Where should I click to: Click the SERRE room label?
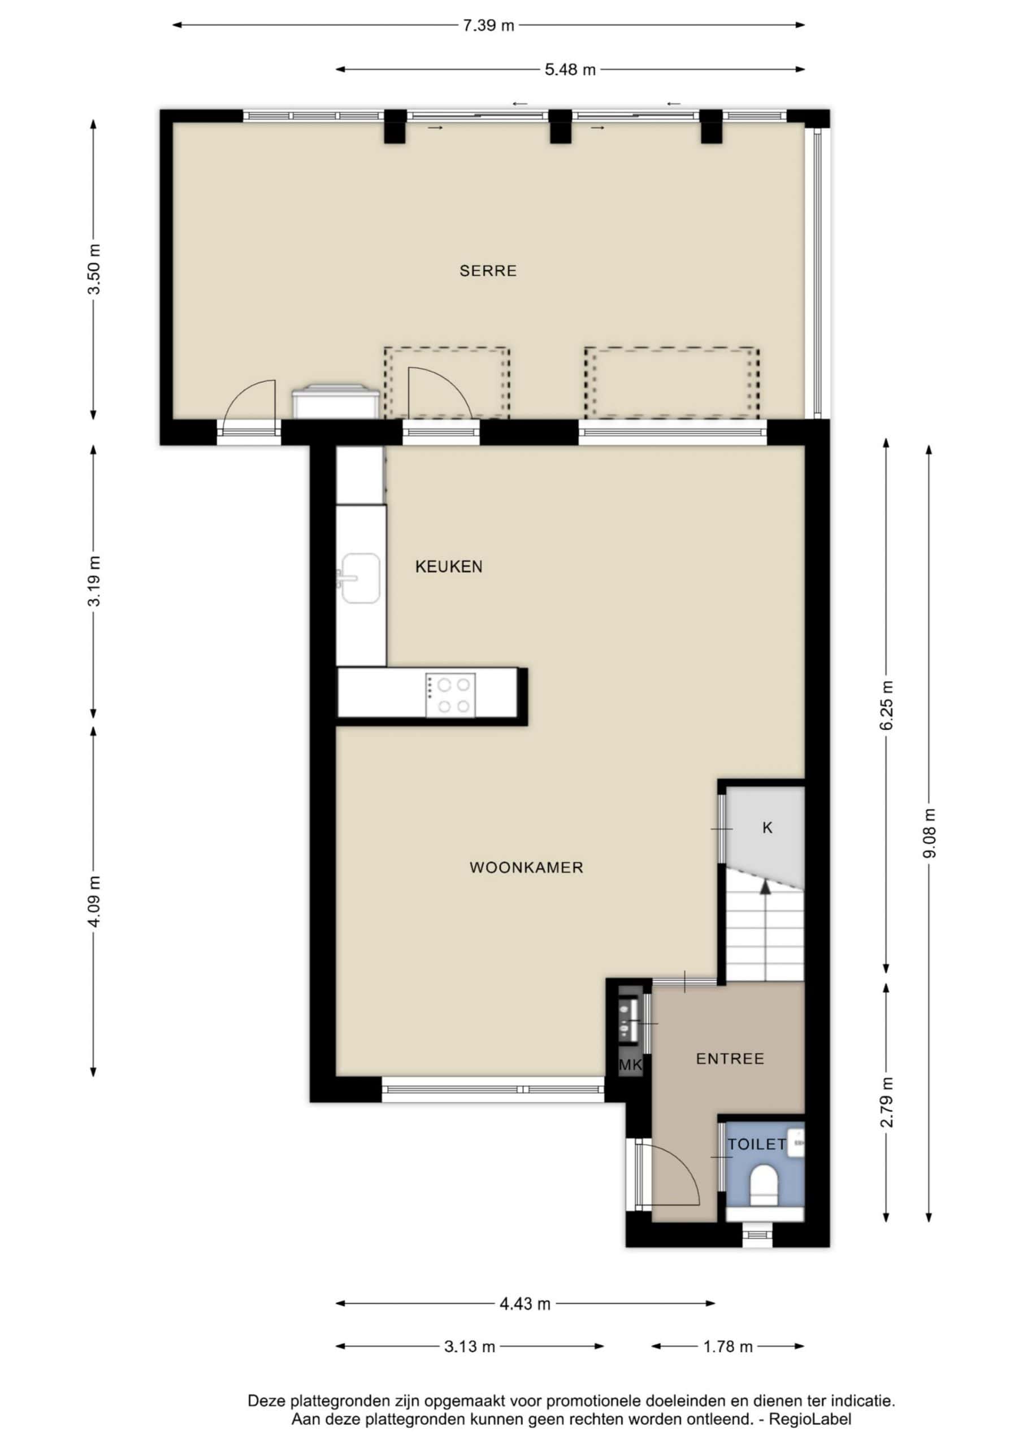coord(488,271)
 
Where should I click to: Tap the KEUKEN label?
coord(449,566)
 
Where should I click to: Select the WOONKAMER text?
coord(526,868)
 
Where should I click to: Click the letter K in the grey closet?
coord(767,828)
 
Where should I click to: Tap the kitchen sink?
coord(360,578)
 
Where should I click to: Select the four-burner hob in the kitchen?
coord(450,695)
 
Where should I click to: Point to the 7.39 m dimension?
coord(488,26)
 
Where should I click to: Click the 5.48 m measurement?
coord(570,70)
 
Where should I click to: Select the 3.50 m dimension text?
coord(94,269)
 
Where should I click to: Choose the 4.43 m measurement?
coord(525,1303)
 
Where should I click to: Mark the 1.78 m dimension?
coord(728,1347)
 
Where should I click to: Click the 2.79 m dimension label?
coord(887,1102)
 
